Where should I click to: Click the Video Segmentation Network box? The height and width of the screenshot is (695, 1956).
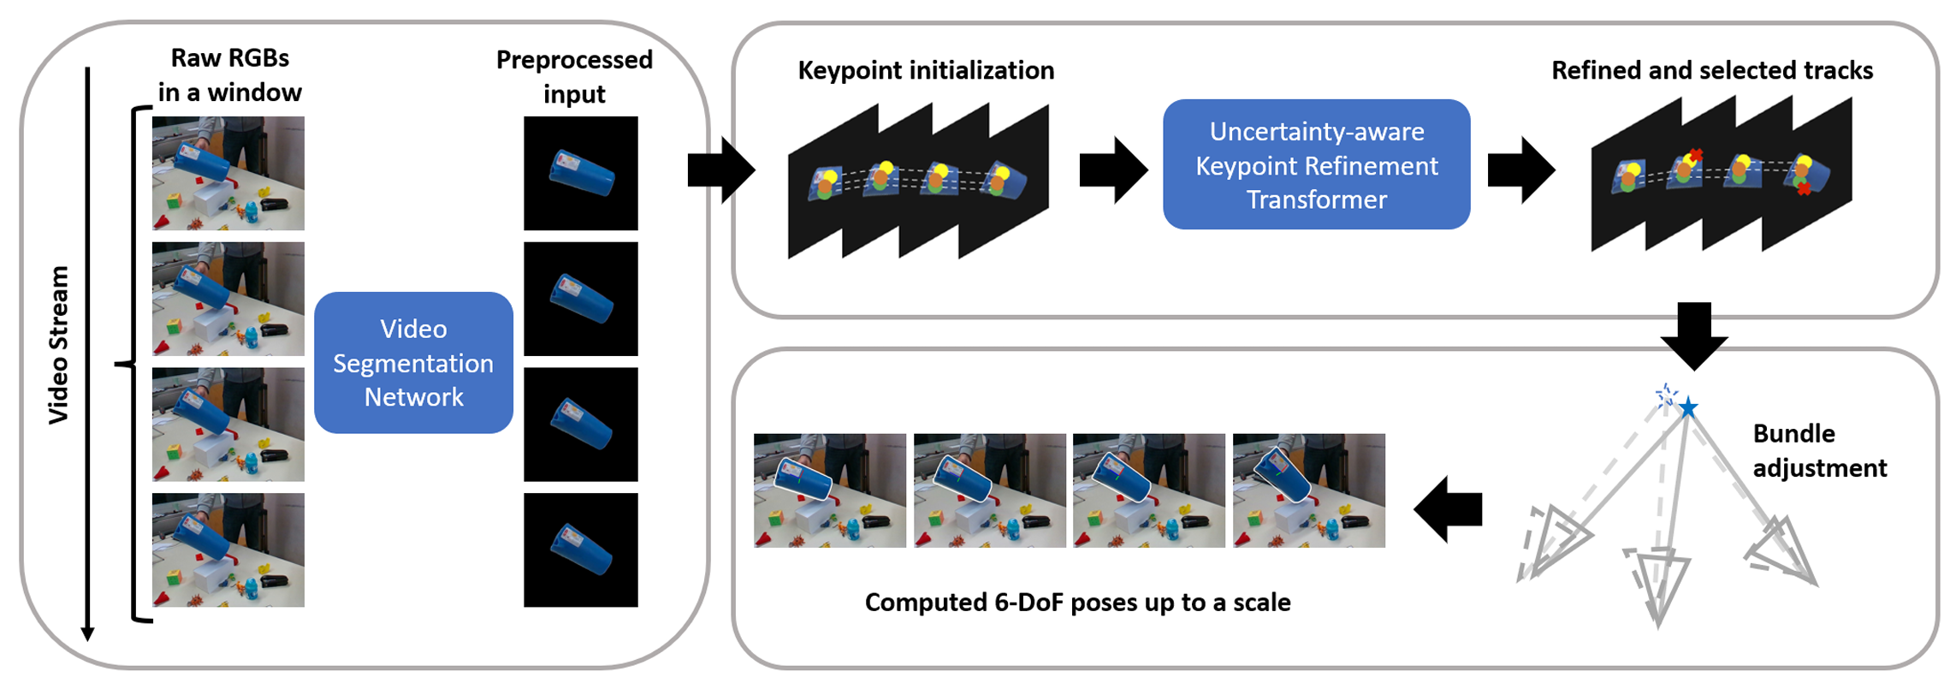(413, 363)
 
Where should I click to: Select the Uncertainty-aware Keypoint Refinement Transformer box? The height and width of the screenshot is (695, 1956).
(1316, 164)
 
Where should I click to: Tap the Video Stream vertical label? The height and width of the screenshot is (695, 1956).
(58, 344)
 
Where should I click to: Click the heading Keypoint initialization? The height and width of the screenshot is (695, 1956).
(926, 70)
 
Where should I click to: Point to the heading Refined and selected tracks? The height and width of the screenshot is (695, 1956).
(1711, 70)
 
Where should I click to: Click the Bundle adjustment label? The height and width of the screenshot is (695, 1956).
(1818, 450)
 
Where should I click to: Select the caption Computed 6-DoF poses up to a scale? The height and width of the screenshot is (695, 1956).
(1077, 602)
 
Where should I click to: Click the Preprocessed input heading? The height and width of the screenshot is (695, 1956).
(574, 76)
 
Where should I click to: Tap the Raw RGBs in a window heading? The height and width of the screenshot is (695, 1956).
(229, 74)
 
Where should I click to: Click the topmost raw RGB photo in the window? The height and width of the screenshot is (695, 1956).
(228, 173)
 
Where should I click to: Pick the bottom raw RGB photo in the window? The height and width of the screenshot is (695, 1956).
(228, 549)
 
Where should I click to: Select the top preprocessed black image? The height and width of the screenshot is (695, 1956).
(581, 173)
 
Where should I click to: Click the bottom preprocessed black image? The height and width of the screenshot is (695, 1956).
(581, 549)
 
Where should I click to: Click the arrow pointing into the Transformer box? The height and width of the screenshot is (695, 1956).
(1112, 170)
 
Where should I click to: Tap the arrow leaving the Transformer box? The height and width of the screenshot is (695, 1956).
(1520, 170)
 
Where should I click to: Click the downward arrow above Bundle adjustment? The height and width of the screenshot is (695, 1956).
(1694, 335)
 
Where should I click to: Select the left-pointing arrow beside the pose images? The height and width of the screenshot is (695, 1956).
(1448, 509)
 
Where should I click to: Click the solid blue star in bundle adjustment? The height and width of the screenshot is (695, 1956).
(1688, 407)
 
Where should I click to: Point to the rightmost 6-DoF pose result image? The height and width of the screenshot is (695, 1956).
(1308, 490)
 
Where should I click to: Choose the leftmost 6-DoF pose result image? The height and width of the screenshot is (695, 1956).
(829, 490)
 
